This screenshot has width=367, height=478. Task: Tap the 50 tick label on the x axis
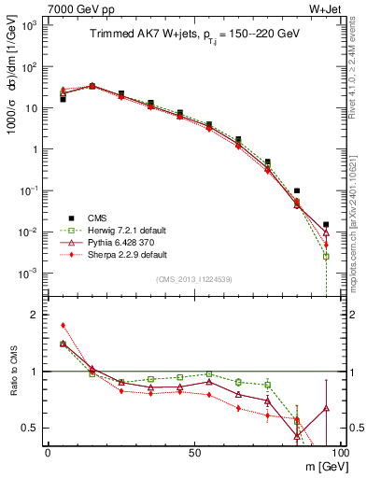point(194,453)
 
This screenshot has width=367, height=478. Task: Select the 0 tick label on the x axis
point(47,453)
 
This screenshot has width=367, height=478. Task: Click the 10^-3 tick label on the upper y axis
point(28,273)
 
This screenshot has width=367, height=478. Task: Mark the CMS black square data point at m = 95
point(325,225)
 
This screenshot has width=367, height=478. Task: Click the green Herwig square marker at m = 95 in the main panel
point(325,256)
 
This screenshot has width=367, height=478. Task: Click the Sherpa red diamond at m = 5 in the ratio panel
point(63,326)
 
